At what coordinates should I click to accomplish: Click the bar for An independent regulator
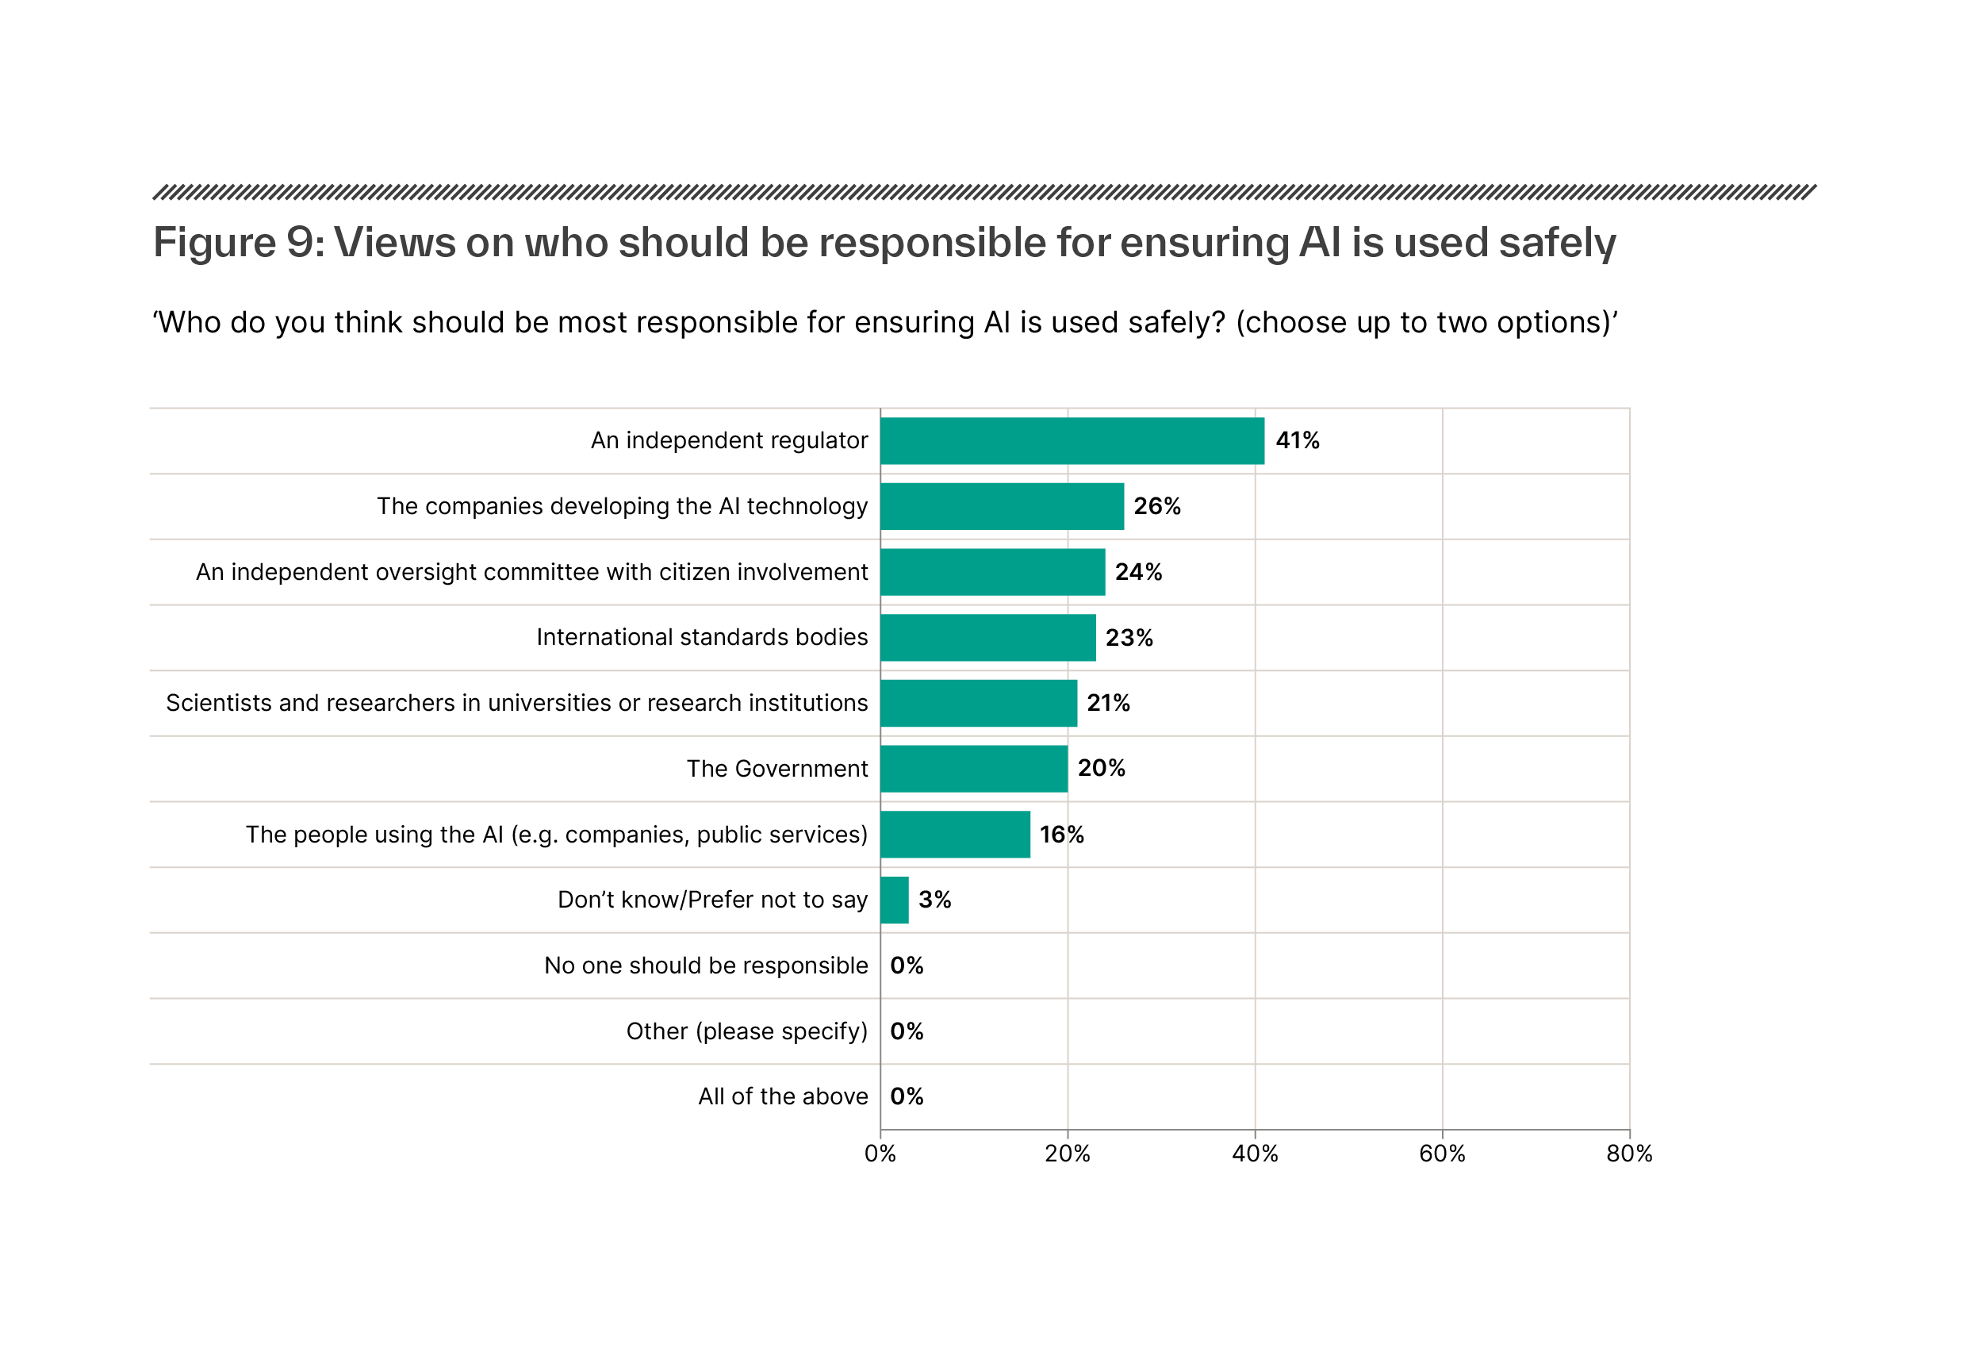click(1072, 440)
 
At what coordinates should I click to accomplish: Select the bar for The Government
click(974, 768)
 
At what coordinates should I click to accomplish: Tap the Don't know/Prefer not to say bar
click(895, 899)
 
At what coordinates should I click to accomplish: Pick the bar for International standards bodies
click(987, 637)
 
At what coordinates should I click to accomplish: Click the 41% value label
click(1296, 440)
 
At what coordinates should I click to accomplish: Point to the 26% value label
click(1156, 506)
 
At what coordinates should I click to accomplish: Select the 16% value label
click(1061, 835)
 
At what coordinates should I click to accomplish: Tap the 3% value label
click(934, 899)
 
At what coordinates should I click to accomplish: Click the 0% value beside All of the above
click(907, 1096)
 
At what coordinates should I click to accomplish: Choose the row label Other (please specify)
click(746, 1031)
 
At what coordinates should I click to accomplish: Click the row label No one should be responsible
click(706, 965)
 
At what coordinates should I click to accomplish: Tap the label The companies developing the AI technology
click(622, 506)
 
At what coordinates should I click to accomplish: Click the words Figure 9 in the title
click(234, 243)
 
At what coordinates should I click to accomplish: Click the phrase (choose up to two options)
click(1424, 323)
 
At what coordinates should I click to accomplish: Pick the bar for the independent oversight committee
click(992, 571)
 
